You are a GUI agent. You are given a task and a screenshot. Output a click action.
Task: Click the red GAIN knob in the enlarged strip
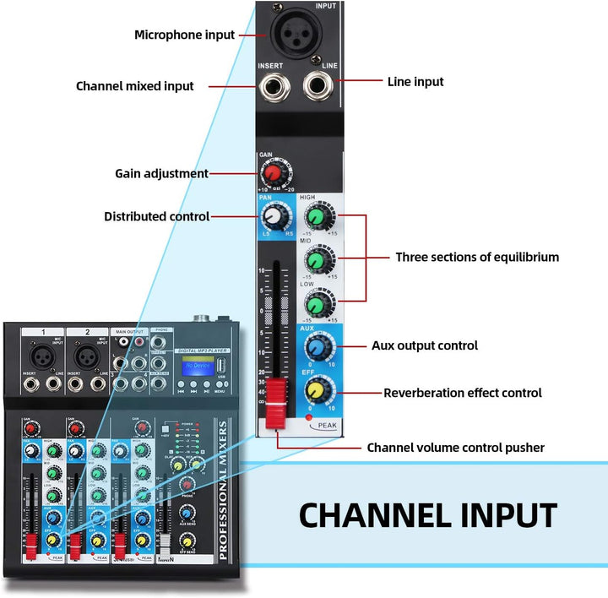tap(273, 174)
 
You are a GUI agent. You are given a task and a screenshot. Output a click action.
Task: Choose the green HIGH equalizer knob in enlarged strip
tap(317, 220)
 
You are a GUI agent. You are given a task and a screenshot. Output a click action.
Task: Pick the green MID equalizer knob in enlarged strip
tap(317, 260)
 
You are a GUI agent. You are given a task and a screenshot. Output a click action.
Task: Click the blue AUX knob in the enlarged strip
tap(317, 346)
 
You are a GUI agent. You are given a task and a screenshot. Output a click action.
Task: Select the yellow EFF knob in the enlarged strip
tap(317, 389)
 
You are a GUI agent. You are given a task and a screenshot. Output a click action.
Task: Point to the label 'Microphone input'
tap(184, 35)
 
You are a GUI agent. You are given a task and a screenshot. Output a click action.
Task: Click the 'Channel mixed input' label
tap(134, 86)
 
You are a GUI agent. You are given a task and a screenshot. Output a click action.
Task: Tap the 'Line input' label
tap(415, 82)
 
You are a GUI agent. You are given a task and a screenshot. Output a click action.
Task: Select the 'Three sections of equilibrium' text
tap(477, 257)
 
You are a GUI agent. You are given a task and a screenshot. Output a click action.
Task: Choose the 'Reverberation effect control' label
tap(463, 393)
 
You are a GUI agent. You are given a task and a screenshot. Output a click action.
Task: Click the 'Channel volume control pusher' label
tap(455, 448)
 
